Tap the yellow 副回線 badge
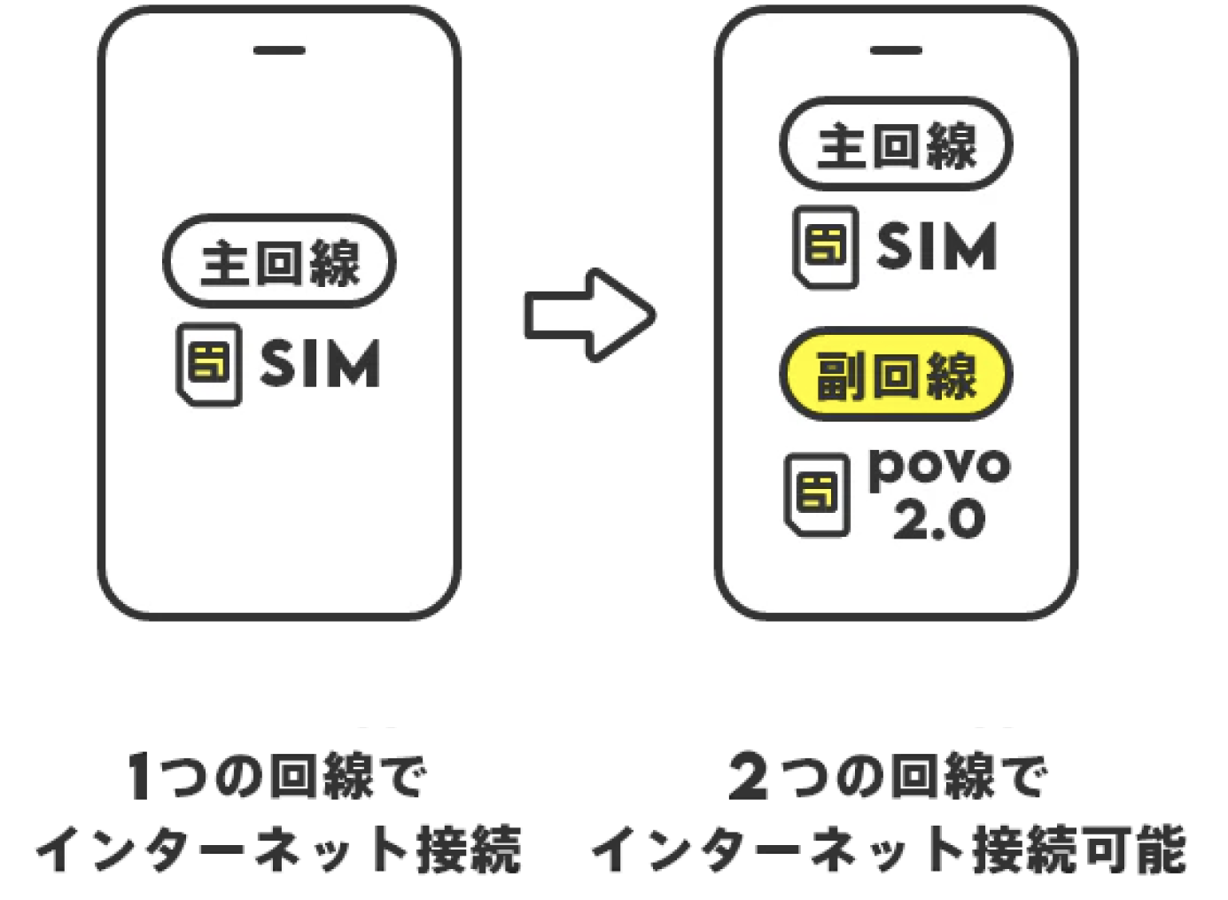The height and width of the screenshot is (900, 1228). pyautogui.click(x=895, y=375)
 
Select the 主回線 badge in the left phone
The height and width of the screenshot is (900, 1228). pyautogui.click(x=279, y=261)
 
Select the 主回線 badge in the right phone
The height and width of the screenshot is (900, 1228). pyautogui.click(x=895, y=144)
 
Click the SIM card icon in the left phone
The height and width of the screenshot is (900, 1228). pyautogui.click(x=209, y=364)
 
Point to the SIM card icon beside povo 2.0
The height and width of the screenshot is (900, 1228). pyautogui.click(x=817, y=494)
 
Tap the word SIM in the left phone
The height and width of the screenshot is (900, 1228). pyautogui.click(x=320, y=364)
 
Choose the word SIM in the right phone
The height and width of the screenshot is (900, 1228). pyautogui.click(x=937, y=246)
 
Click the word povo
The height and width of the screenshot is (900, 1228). pyautogui.click(x=939, y=467)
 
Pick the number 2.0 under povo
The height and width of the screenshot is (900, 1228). pyautogui.click(x=939, y=519)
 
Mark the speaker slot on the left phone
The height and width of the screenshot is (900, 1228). pyautogui.click(x=279, y=50)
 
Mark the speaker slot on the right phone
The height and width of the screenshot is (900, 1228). pyautogui.click(x=896, y=50)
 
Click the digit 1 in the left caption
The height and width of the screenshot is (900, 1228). pyautogui.click(x=140, y=776)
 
